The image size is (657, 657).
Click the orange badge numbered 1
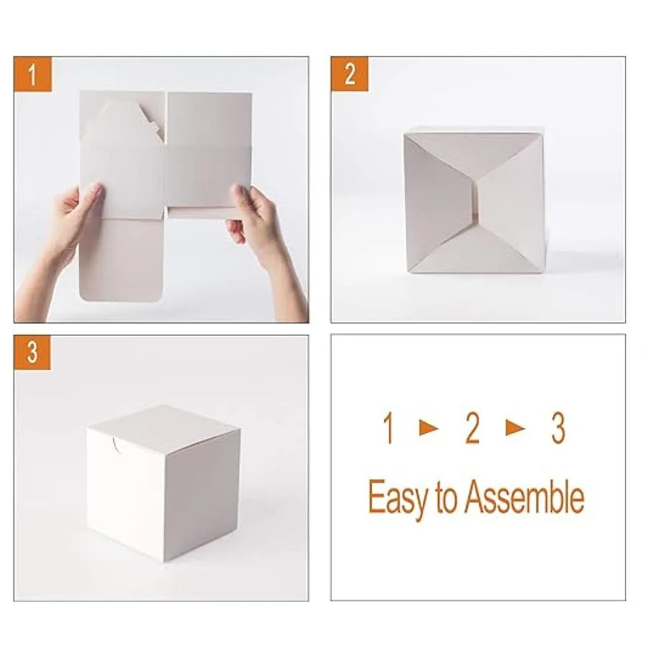click(x=33, y=74)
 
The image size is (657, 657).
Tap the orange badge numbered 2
click(x=349, y=74)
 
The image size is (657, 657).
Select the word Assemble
click(x=524, y=497)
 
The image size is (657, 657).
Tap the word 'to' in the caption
click(x=446, y=498)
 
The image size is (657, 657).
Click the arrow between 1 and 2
click(x=429, y=428)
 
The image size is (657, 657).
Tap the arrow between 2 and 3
click(x=515, y=428)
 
